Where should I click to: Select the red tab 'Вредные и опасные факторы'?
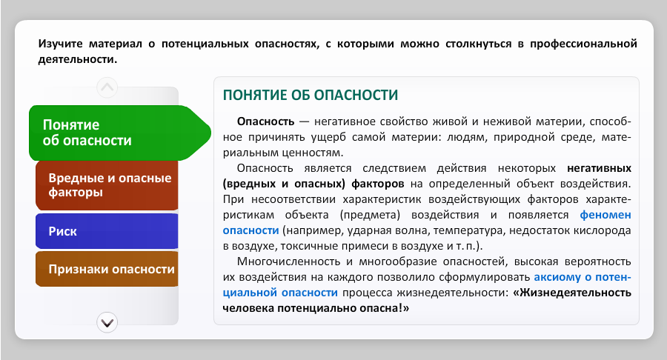click(107, 185)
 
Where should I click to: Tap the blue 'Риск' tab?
click(107, 231)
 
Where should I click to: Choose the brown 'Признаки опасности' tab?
click(107, 269)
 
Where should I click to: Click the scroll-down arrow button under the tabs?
click(107, 323)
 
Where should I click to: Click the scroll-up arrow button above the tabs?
click(107, 87)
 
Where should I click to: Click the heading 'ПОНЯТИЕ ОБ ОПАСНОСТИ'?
click(311, 96)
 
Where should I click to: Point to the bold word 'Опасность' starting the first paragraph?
click(265, 121)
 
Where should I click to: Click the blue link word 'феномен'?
click(605, 215)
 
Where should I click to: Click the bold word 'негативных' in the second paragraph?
click(599, 168)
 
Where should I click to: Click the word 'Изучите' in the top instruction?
click(61, 44)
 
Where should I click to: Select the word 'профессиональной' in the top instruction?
click(583, 44)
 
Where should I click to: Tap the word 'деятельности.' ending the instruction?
click(78, 59)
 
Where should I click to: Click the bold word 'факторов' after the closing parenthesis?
click(378, 184)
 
